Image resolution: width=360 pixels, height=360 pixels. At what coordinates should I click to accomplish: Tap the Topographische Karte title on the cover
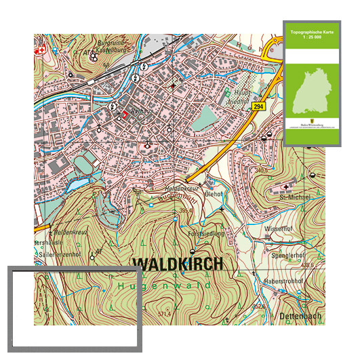coord(312,32)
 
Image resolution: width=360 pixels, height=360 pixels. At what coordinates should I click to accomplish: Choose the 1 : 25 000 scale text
coord(312,38)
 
